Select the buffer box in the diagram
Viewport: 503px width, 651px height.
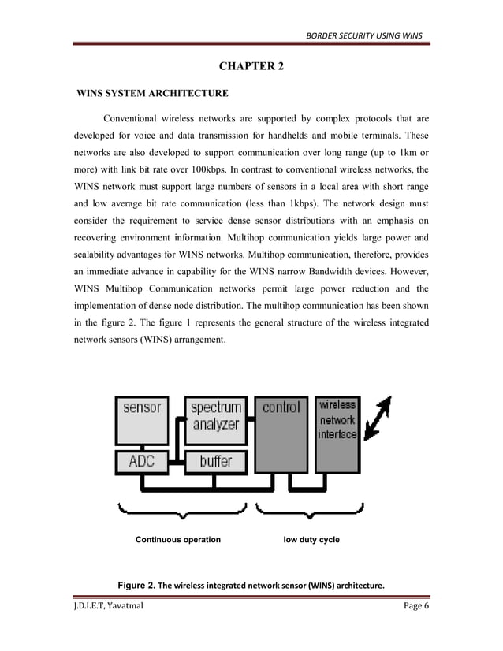click(x=215, y=460)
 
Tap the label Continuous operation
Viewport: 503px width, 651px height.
click(x=178, y=540)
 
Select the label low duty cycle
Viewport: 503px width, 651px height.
click(x=311, y=540)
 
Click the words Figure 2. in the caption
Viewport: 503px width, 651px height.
click(x=136, y=586)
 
